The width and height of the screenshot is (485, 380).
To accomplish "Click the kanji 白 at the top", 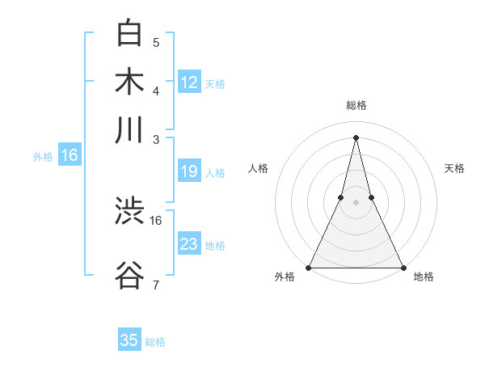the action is pos(129,32).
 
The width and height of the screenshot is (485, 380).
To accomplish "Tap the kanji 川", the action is pos(129,129).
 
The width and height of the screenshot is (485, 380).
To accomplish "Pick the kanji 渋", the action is pos(129,212).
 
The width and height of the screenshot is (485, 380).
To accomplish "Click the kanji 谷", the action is pos(129,275).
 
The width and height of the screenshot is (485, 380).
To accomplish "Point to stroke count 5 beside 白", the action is pos(156,42).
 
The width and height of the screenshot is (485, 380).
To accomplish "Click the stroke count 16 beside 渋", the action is pos(156,220).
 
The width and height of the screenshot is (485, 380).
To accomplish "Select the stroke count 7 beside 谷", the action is pos(156,285).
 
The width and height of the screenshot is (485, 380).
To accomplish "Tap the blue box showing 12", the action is pos(189,82).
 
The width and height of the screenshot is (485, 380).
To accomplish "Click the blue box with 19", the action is pos(189,171).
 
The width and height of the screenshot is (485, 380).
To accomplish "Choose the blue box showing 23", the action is pos(189,244).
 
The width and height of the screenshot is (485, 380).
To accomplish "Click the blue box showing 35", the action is pos(129,340).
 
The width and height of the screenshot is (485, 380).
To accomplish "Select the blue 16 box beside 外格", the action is pos(70,156).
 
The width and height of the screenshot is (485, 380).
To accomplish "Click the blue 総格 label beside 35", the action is pos(155,342).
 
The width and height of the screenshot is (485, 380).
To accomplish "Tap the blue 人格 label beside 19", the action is pos(215,172).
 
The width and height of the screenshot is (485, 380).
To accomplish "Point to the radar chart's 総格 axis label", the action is pos(356,105).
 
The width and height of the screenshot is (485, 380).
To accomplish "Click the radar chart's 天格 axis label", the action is pos(454,168).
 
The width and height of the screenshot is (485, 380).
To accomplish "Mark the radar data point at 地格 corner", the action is pos(403,267).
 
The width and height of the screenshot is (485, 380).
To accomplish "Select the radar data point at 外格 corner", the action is pos(310,267).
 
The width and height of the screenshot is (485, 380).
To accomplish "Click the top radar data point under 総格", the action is pos(356,137).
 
